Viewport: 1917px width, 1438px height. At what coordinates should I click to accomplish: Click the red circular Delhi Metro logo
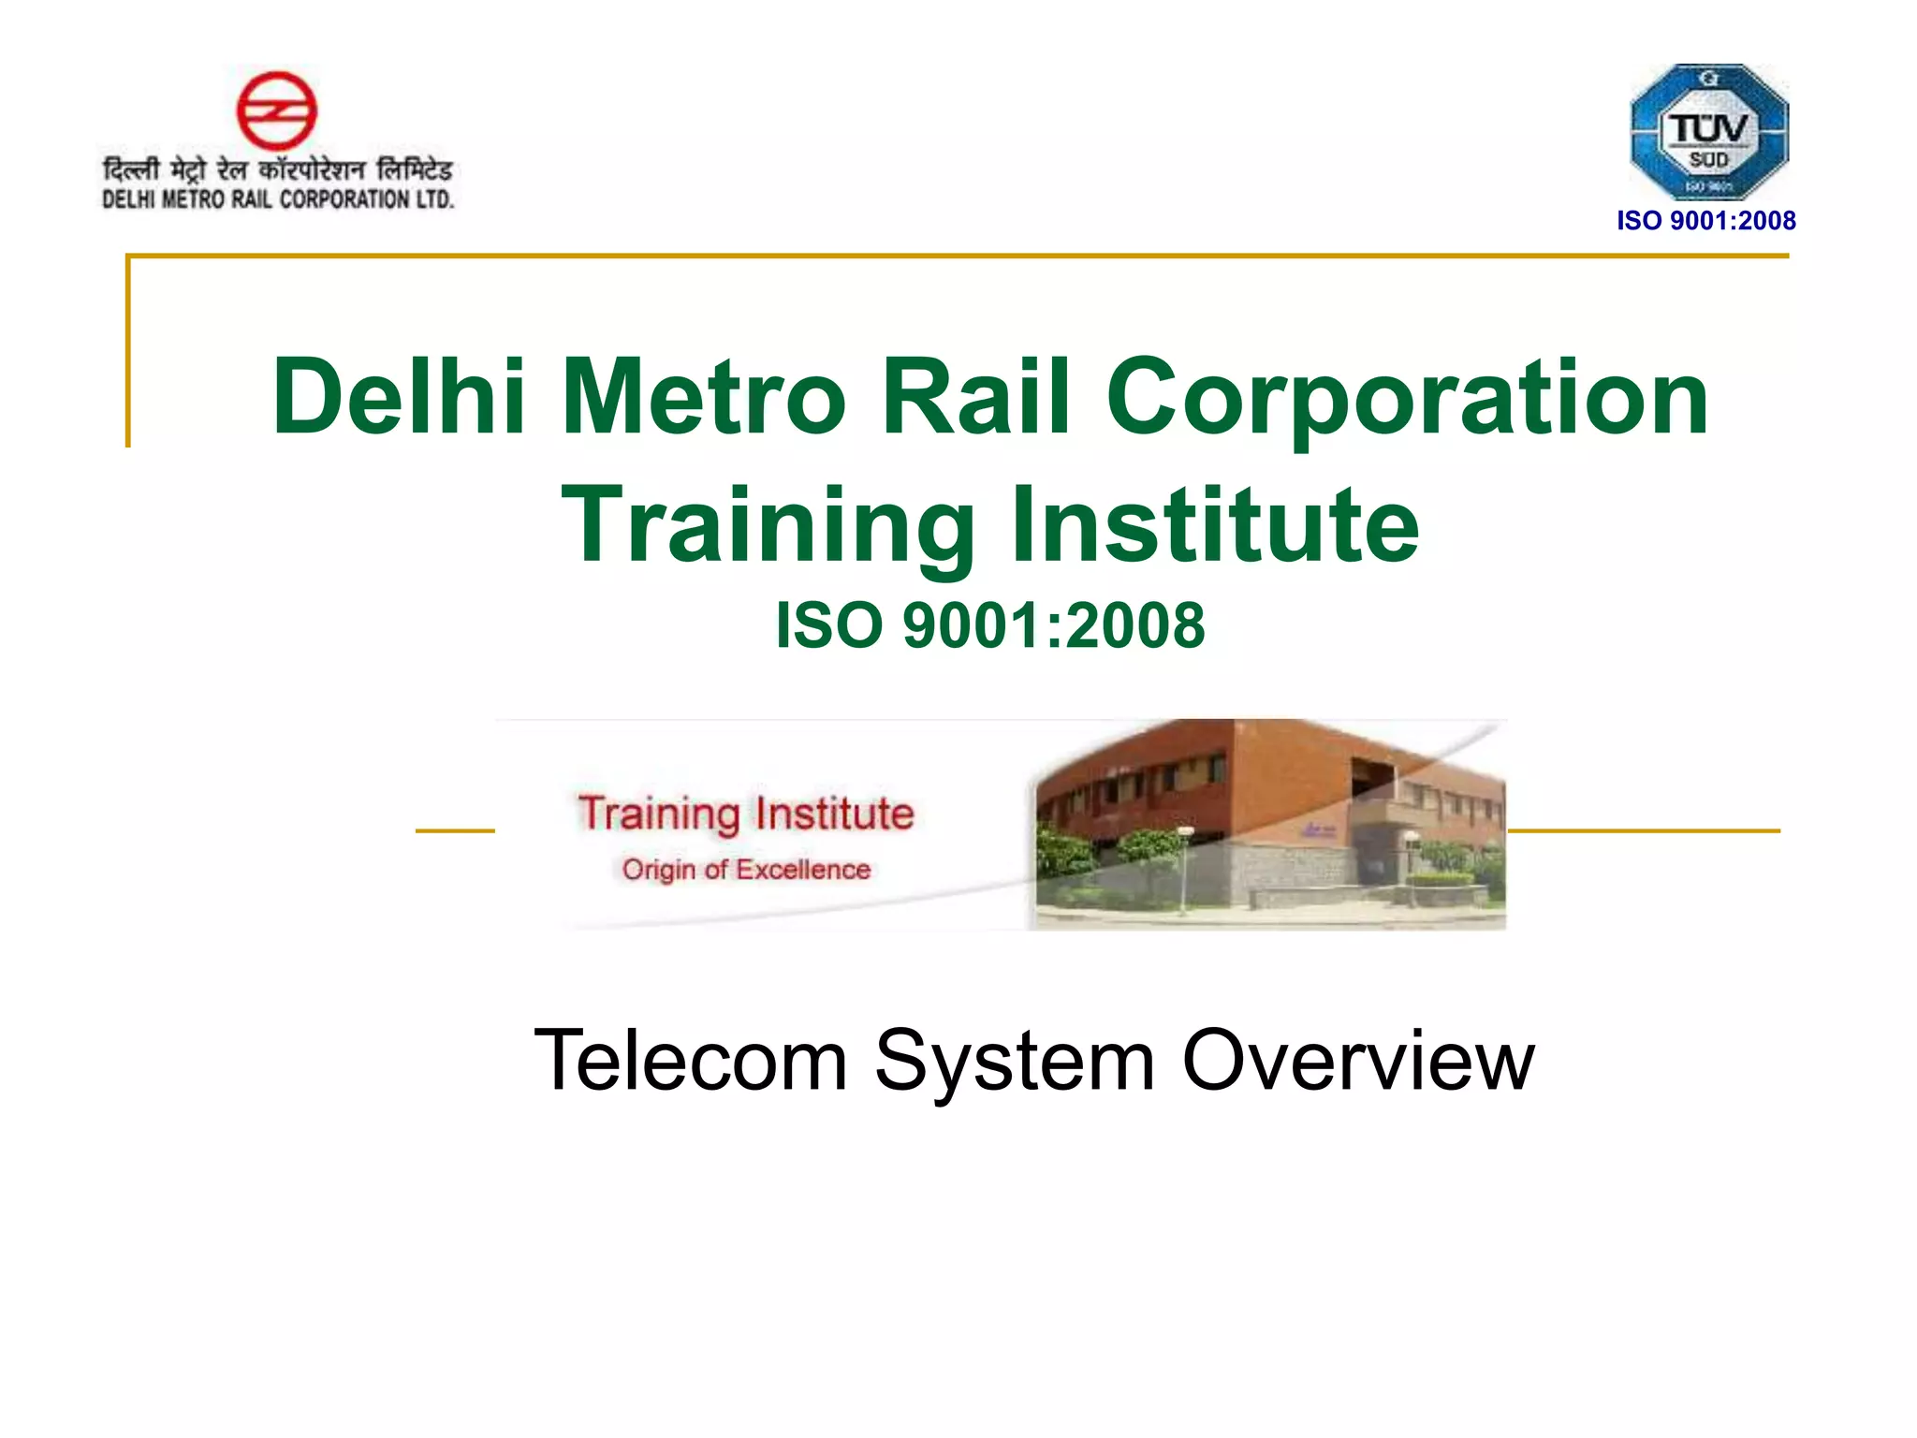pos(276,110)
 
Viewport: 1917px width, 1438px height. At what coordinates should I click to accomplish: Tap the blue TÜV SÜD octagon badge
pos(1708,131)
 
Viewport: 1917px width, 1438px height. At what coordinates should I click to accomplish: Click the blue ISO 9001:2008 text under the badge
pos(1705,221)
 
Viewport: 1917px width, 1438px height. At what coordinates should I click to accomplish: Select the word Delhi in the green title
pos(399,397)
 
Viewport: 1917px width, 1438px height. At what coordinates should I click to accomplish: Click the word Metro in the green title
pos(703,397)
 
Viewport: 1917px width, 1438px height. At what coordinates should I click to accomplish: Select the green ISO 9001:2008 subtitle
pos(990,625)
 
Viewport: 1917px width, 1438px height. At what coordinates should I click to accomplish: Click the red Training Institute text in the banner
pos(745,813)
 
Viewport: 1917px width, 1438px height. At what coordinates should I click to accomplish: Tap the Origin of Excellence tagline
pos(746,870)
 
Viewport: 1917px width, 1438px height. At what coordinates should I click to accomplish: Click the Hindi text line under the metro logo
pos(277,170)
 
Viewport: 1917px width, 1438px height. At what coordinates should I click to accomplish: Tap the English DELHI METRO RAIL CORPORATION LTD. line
pos(277,199)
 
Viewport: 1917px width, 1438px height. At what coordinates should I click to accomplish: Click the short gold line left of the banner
pos(455,830)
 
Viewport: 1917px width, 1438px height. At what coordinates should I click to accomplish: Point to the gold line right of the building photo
pos(1643,830)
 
